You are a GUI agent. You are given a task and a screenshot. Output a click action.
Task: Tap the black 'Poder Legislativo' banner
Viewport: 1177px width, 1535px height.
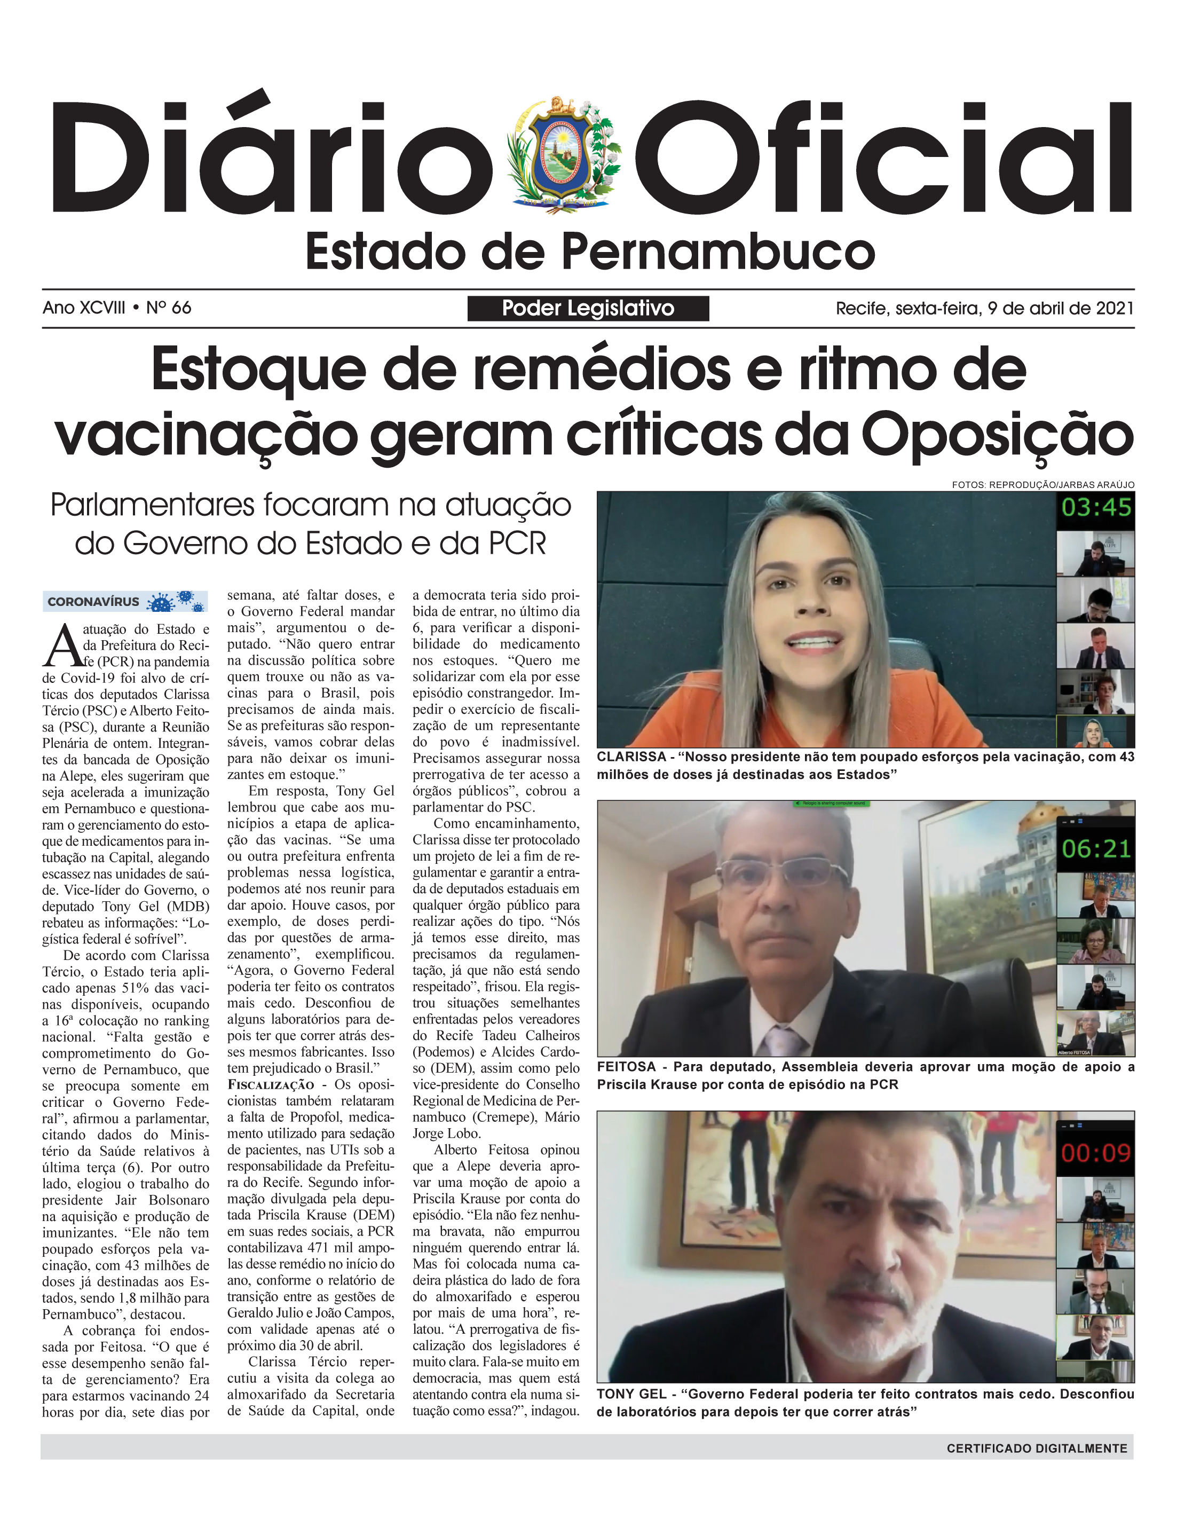tap(588, 308)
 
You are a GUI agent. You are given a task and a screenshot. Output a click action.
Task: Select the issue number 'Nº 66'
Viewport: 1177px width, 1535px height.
tap(169, 308)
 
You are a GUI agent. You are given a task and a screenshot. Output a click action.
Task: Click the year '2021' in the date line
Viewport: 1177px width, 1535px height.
tap(1114, 308)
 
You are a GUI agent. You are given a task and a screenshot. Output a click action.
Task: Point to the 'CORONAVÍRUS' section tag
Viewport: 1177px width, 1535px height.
tap(93, 602)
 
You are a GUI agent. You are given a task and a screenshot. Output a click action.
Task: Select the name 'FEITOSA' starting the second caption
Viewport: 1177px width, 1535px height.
tap(626, 1067)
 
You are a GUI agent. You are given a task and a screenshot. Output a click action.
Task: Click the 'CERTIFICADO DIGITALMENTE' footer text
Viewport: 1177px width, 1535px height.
tap(1037, 1448)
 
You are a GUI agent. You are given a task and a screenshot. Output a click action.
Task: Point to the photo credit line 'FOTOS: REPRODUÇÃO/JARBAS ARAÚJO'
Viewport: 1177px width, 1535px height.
tap(1042, 485)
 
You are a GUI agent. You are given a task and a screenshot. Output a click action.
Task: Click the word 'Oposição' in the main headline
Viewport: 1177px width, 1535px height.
tap(997, 435)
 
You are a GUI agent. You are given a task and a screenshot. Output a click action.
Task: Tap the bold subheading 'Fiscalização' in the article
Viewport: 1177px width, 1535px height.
tap(271, 1084)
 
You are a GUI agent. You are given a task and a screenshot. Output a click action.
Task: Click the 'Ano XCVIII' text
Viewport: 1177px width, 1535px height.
tap(84, 308)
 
